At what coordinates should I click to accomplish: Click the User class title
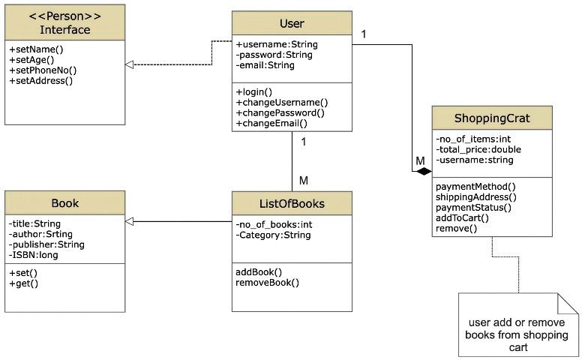pos(291,23)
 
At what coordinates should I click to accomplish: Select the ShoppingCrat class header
pos(491,119)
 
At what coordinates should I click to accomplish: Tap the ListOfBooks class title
pos(291,203)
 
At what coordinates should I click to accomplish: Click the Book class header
pos(65,203)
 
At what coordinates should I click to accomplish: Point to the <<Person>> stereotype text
pos(65,16)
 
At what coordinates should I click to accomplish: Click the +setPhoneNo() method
pos(43,70)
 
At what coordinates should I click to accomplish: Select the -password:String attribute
pos(274,55)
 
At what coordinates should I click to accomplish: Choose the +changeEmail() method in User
pos(271,123)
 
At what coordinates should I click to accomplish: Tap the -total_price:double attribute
pos(478,149)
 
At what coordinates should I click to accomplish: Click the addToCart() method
pos(462,217)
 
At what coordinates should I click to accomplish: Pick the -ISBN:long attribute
pos(33,255)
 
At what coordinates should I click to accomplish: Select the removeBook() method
pos(267,283)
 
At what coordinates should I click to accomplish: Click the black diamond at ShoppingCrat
pos(424,172)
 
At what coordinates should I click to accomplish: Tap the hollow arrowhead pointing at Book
pos(130,221)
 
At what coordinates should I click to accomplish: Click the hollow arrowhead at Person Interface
pos(130,65)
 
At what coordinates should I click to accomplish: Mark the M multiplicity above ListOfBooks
pos(303,180)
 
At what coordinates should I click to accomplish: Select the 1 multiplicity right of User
pos(364,34)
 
